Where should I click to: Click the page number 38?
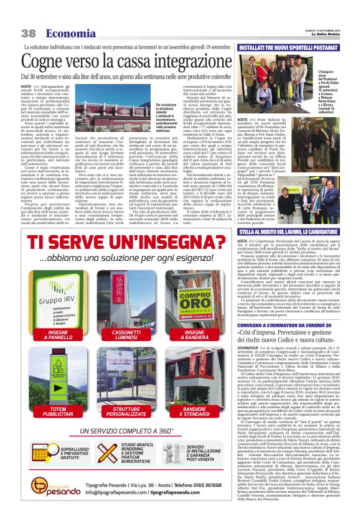click(x=28, y=34)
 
